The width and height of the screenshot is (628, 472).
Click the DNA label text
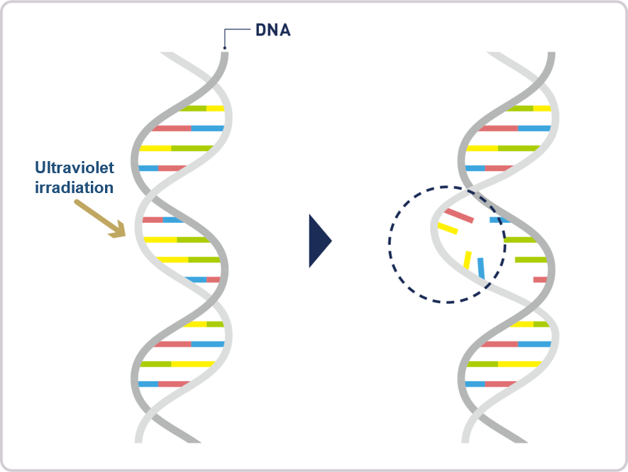tap(273, 30)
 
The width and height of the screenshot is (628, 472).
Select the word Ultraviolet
tap(75, 168)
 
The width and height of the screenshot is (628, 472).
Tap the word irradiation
tap(74, 187)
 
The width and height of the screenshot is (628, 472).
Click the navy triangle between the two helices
tap(320, 241)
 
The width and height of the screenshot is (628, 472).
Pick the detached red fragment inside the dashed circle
tap(459, 216)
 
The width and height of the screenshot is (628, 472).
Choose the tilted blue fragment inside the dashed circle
tap(481, 268)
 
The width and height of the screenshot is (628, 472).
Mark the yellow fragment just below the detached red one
tap(447, 229)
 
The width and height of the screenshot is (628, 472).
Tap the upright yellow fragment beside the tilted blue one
tap(468, 260)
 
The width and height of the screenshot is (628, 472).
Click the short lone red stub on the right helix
tap(540, 280)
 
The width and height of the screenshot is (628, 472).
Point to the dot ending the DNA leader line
tap(225, 48)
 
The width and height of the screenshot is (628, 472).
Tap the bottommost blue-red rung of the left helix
tap(163, 384)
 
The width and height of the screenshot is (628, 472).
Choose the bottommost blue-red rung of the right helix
tap(490, 384)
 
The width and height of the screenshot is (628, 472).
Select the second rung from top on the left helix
tap(188, 128)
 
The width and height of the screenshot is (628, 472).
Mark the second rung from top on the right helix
tap(514, 128)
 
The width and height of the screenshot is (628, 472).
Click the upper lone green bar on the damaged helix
tap(520, 240)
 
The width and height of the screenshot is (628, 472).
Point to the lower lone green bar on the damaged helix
tap(531, 260)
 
